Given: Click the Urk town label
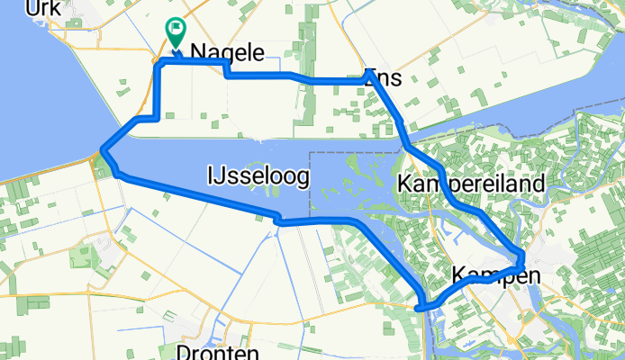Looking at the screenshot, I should pyautogui.click(x=42, y=8).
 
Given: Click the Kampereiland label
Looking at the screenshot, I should pyautogui.click(x=471, y=185).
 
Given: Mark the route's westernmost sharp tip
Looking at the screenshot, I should pyautogui.click(x=104, y=149).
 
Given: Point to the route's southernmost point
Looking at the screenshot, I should pyautogui.click(x=421, y=308).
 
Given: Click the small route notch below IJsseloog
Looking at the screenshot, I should pyautogui.click(x=279, y=219).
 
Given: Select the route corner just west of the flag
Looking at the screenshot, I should pyautogui.click(x=160, y=64).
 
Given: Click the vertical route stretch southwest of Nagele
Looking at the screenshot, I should pyautogui.click(x=159, y=90).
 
